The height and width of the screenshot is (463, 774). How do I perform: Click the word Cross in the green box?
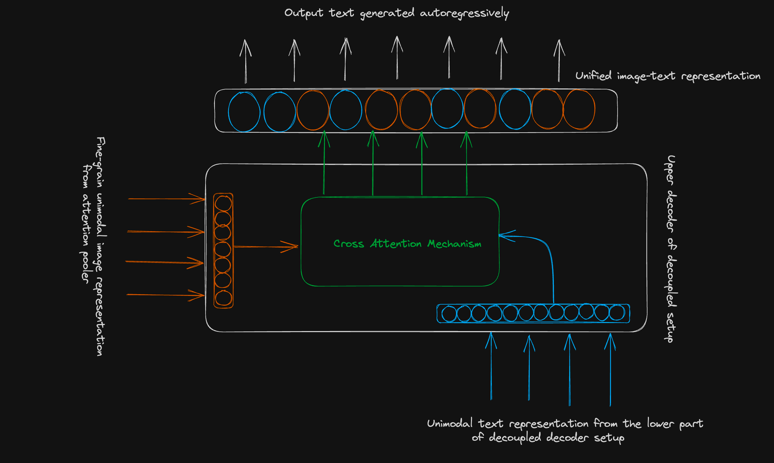(x=348, y=244)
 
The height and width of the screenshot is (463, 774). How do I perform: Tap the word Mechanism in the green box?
(x=454, y=244)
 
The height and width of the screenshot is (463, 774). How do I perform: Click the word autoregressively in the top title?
(x=464, y=13)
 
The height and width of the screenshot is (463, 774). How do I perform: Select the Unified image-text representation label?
(x=668, y=76)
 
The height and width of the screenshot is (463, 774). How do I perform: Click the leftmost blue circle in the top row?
(x=244, y=112)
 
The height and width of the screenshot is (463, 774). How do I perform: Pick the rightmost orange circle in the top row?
(x=579, y=110)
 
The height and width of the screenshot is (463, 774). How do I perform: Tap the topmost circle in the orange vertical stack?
(x=223, y=203)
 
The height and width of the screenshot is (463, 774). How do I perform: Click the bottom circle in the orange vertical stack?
(x=223, y=298)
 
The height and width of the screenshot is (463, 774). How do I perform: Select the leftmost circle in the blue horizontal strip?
(x=449, y=314)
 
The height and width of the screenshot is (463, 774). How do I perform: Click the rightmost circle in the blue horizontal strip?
(x=617, y=313)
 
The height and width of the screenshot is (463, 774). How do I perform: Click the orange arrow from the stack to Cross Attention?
(x=266, y=247)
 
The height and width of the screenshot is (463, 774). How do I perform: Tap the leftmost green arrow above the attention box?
(x=324, y=164)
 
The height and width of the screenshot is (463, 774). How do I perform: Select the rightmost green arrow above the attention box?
(x=466, y=164)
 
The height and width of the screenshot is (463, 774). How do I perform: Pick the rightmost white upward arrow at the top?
(x=559, y=61)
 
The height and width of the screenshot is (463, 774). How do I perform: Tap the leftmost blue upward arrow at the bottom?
(x=491, y=367)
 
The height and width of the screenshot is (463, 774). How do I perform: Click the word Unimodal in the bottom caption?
(x=449, y=424)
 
